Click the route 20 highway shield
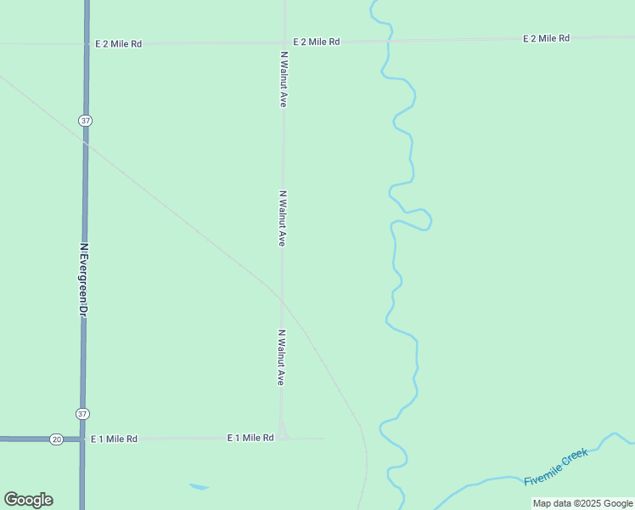[56, 439]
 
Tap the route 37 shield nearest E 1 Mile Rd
[81, 414]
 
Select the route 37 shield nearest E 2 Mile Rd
[86, 121]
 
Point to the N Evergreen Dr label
[84, 280]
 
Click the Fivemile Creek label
[556, 467]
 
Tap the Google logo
[28, 500]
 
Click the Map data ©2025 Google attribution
[582, 503]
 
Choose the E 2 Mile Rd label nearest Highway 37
[118, 42]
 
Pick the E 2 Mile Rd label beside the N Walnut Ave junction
[317, 41]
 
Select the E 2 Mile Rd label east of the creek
[546, 38]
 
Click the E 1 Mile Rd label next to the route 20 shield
[114, 439]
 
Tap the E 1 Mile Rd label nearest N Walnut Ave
[250, 437]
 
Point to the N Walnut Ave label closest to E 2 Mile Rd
[284, 78]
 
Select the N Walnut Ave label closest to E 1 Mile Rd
[280, 358]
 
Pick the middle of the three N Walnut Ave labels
[282, 218]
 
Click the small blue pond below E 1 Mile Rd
[199, 487]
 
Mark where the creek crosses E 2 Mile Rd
[389, 40]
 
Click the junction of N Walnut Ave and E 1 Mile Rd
[282, 439]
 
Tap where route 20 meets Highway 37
[82, 439]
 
